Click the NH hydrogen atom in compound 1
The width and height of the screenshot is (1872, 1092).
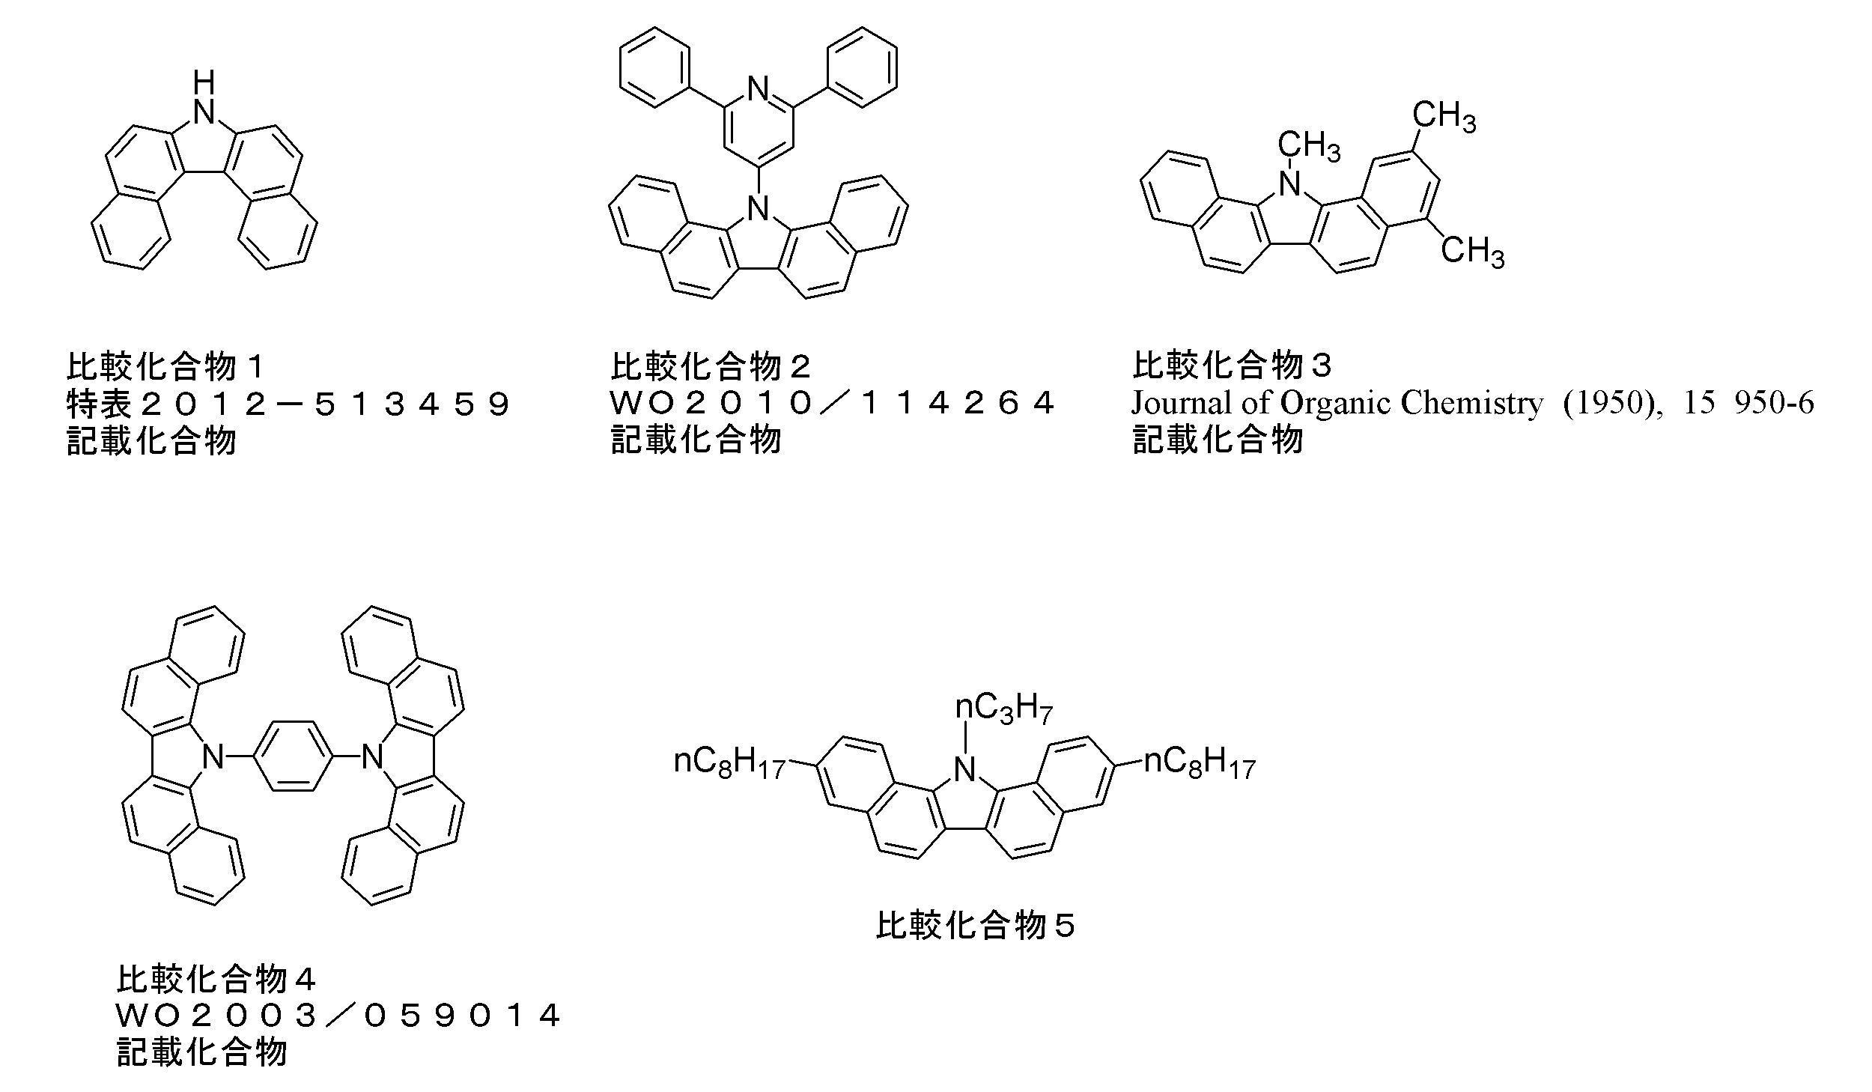point(203,81)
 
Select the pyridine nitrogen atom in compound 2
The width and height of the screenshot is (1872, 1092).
point(759,91)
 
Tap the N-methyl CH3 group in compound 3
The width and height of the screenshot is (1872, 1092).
point(1308,145)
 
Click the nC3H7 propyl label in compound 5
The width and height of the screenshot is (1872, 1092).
point(1004,708)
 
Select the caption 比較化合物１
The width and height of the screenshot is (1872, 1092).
point(166,367)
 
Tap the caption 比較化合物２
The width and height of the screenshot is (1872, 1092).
point(711,367)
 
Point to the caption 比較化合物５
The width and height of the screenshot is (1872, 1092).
point(976,926)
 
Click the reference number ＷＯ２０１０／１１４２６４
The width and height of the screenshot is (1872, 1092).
point(832,404)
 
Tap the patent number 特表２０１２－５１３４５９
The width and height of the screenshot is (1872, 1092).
point(289,404)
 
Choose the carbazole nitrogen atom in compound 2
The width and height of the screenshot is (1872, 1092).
point(759,207)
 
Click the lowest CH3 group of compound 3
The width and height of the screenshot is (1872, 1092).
point(1472,251)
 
